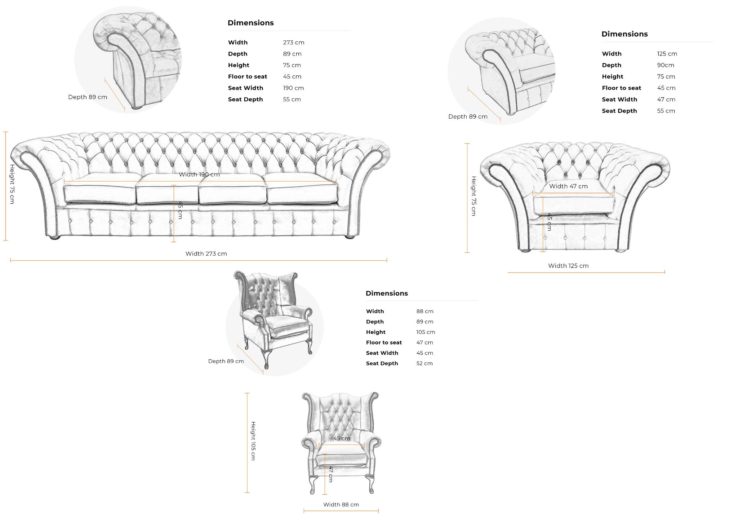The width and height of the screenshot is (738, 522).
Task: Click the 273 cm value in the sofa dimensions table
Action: (x=293, y=43)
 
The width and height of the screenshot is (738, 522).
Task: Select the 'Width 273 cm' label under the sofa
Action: (x=206, y=254)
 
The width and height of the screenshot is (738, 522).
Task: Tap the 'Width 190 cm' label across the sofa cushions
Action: (x=199, y=174)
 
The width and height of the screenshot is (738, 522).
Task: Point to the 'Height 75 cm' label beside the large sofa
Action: (x=12, y=184)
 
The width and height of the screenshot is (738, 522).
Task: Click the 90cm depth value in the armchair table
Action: (x=665, y=65)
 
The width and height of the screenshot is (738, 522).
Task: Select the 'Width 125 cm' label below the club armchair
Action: (x=568, y=266)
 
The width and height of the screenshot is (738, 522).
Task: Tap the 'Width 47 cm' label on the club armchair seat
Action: (x=568, y=186)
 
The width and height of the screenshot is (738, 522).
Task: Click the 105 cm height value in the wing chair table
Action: (x=426, y=332)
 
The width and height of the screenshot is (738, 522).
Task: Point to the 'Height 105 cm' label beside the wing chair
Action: (x=253, y=441)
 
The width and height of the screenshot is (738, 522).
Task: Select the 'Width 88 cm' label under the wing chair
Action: (x=341, y=505)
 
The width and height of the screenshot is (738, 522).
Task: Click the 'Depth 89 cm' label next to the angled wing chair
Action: (x=226, y=361)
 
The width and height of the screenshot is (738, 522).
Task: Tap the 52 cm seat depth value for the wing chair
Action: (x=424, y=363)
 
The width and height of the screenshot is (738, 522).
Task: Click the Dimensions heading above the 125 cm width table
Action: (x=624, y=34)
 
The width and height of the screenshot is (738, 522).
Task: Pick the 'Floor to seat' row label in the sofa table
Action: (x=248, y=77)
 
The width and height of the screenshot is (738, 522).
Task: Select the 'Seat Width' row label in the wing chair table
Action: (x=382, y=353)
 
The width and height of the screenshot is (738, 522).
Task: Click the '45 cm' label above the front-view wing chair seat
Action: (x=341, y=439)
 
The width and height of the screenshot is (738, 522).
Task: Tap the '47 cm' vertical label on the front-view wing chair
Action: (x=330, y=474)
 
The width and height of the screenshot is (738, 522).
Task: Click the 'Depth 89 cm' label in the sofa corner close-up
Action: (x=88, y=97)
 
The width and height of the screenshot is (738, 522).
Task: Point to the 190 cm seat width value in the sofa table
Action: (x=293, y=88)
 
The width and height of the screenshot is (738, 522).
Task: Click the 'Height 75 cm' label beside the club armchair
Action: (x=474, y=196)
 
